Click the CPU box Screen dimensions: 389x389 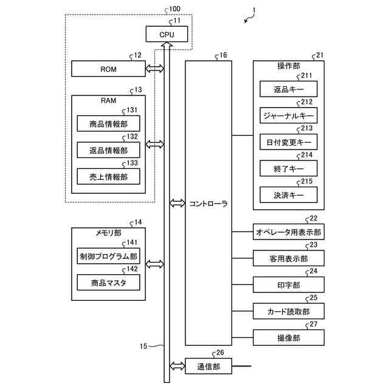(167, 35)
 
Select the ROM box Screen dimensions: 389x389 (108, 69)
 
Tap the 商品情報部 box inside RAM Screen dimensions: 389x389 (108, 124)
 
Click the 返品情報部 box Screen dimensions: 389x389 (108, 150)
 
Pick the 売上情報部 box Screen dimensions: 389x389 (108, 177)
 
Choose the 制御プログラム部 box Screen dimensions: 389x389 (108, 256)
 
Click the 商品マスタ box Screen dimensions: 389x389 (108, 283)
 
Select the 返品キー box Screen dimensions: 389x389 (289, 89)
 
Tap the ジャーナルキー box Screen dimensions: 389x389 (289, 115)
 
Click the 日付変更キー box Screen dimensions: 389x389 (289, 142)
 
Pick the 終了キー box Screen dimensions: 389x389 (289, 168)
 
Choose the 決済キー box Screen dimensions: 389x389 (289, 194)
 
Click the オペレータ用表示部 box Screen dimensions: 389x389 (289, 232)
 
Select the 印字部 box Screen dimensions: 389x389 (289, 284)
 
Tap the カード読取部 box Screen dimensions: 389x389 (289, 311)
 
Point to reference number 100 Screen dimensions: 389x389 (174, 9)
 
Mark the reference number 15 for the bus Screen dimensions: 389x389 (143, 346)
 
